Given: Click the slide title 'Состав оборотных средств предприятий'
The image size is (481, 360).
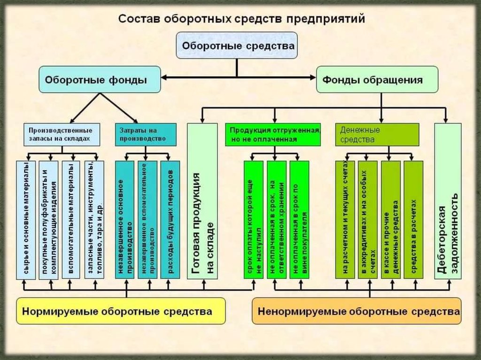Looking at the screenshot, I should click(x=240, y=20).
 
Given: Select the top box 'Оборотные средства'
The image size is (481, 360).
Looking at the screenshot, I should click(x=237, y=46).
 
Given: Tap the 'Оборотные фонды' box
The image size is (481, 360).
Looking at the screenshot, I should click(x=100, y=79).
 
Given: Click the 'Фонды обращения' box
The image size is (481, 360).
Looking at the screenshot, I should click(x=377, y=79).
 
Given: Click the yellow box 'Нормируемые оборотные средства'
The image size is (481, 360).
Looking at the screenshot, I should click(x=121, y=311).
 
